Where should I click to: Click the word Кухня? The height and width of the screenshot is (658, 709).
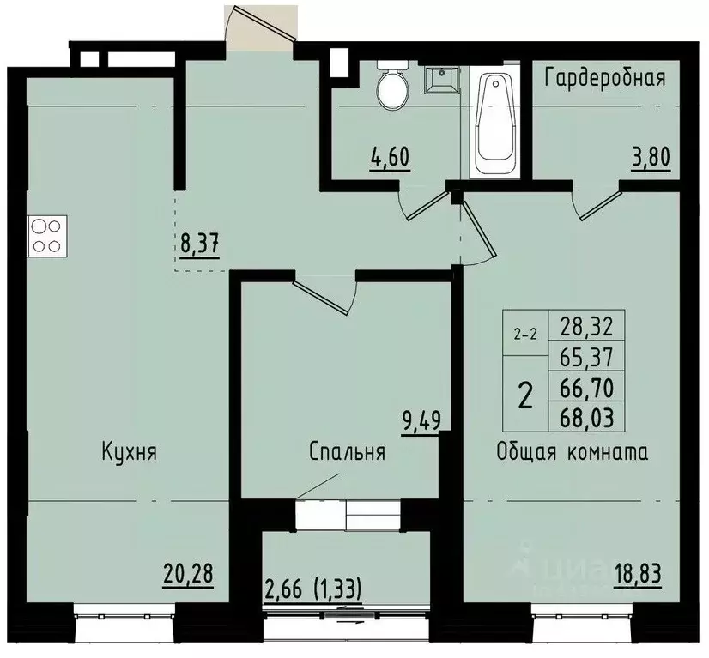point(128,451)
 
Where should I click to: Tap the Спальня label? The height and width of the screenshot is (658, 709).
point(347,451)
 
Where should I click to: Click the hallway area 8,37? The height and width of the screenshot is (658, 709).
point(200,243)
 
